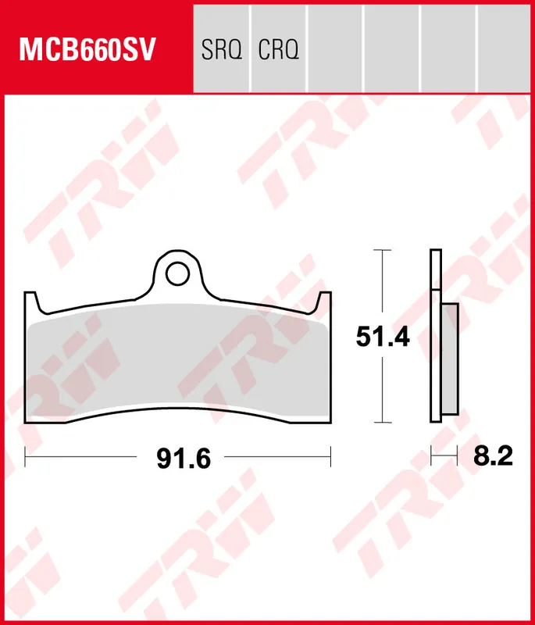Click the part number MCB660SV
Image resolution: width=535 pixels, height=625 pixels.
(88, 51)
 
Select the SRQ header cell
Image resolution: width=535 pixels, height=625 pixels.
(222, 51)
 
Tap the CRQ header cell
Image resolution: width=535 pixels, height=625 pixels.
(278, 51)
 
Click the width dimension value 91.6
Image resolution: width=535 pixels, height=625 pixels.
(184, 458)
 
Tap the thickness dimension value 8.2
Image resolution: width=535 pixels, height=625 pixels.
(493, 455)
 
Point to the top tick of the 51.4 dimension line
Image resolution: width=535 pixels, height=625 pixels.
(380, 251)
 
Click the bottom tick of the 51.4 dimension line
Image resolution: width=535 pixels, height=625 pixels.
(380, 423)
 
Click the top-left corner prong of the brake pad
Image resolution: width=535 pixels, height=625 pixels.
(30, 299)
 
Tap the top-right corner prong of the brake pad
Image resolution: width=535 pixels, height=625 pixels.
(326, 299)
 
